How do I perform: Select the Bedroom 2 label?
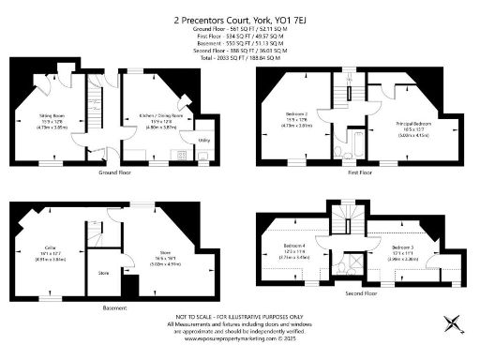click(x=298, y=114)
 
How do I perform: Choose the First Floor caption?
click(x=359, y=172)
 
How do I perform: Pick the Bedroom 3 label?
click(x=404, y=247)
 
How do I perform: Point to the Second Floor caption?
click(x=360, y=292)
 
